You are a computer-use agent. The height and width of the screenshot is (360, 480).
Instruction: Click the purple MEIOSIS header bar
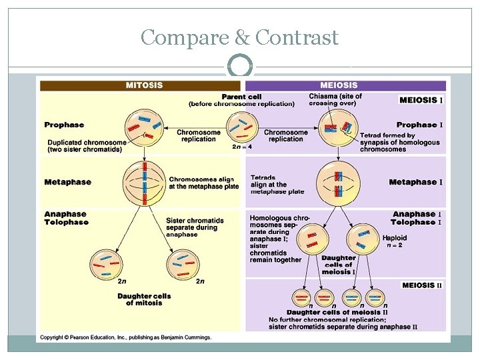345,85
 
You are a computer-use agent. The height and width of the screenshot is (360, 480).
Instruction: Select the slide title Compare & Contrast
240,37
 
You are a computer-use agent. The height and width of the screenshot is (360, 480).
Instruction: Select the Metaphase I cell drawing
340,182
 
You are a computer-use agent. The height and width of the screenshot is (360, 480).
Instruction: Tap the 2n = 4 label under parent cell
241,146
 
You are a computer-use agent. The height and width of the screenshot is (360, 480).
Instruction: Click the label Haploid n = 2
393,241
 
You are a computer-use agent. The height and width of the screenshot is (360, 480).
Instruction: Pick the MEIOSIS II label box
422,285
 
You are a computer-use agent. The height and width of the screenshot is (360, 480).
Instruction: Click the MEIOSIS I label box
420,100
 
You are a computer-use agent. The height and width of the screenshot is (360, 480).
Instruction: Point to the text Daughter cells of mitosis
144,299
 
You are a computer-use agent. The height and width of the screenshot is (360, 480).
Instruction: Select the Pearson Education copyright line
126,337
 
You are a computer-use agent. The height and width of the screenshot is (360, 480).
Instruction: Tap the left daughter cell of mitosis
107,264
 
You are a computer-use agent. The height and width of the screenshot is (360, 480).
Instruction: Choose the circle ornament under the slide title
240,67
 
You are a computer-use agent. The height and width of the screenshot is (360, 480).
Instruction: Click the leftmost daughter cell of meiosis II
302,297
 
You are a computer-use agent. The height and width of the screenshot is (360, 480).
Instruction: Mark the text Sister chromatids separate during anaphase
195,227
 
